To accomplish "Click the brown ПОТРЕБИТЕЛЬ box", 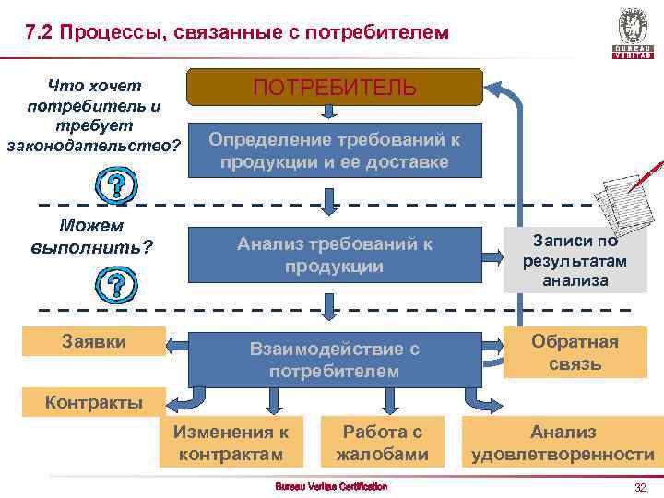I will click(x=335, y=88).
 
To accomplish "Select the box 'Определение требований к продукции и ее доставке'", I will click(x=335, y=150).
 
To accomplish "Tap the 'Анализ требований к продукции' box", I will click(x=335, y=255).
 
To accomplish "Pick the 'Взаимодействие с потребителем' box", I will click(x=335, y=360).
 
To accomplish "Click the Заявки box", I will click(x=94, y=341).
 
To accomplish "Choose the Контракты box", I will click(x=94, y=403).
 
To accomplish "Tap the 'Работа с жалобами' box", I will click(x=382, y=443).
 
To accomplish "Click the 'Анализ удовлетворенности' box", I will click(x=563, y=443).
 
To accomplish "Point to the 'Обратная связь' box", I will click(x=575, y=353).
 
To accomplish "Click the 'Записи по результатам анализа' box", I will click(x=575, y=261).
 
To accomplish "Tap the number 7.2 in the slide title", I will click(x=41, y=32).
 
